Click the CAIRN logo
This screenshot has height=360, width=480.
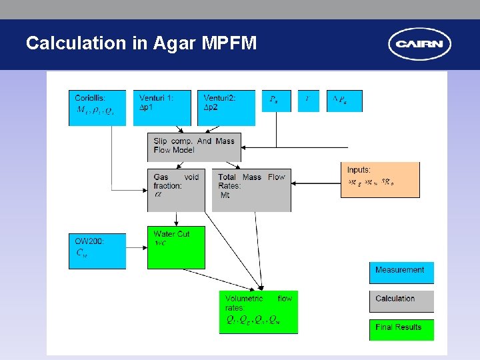(419, 45)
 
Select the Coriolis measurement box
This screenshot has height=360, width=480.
(97, 107)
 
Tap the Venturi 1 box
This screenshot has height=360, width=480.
(161, 107)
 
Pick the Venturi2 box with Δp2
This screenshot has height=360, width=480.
(226, 107)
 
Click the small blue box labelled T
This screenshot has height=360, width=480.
(307, 101)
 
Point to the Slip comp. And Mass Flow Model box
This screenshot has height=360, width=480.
(194, 146)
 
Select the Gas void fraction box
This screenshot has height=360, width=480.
(176, 189)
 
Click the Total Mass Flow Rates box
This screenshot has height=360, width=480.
(251, 189)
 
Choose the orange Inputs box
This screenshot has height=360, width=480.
(380, 179)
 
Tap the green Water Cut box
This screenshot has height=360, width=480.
(176, 247)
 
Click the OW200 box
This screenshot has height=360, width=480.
(97, 251)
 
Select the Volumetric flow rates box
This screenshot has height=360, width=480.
(259, 311)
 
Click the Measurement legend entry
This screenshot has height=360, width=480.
(401, 272)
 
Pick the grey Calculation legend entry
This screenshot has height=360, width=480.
(401, 301)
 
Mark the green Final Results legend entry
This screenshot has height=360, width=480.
(401, 329)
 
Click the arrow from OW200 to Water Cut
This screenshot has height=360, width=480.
(137, 248)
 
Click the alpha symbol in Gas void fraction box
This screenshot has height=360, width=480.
(158, 195)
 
